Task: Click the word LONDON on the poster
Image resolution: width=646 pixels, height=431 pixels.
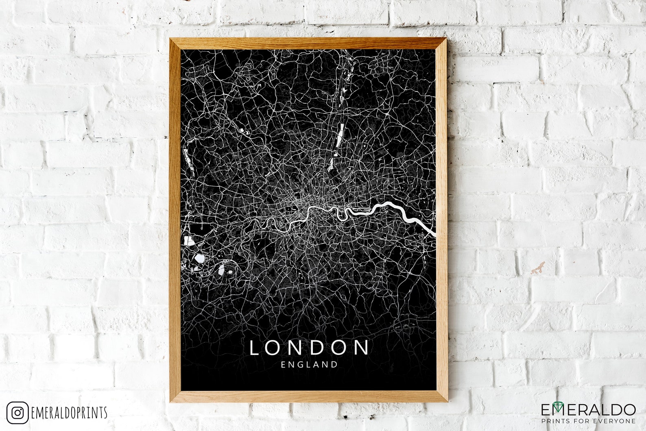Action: pyautogui.click(x=309, y=348)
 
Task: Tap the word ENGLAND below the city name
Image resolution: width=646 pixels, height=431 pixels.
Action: pyautogui.click(x=309, y=365)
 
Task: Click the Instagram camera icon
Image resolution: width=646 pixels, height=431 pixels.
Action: pyautogui.click(x=17, y=413)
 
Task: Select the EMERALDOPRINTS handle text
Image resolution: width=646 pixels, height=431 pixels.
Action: pyautogui.click(x=69, y=413)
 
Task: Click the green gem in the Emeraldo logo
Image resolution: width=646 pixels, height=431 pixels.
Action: pyautogui.click(x=562, y=407)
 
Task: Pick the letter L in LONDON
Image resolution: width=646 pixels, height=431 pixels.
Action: pyautogui.click(x=255, y=348)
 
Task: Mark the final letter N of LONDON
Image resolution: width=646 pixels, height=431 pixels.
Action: pyautogui.click(x=362, y=348)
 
